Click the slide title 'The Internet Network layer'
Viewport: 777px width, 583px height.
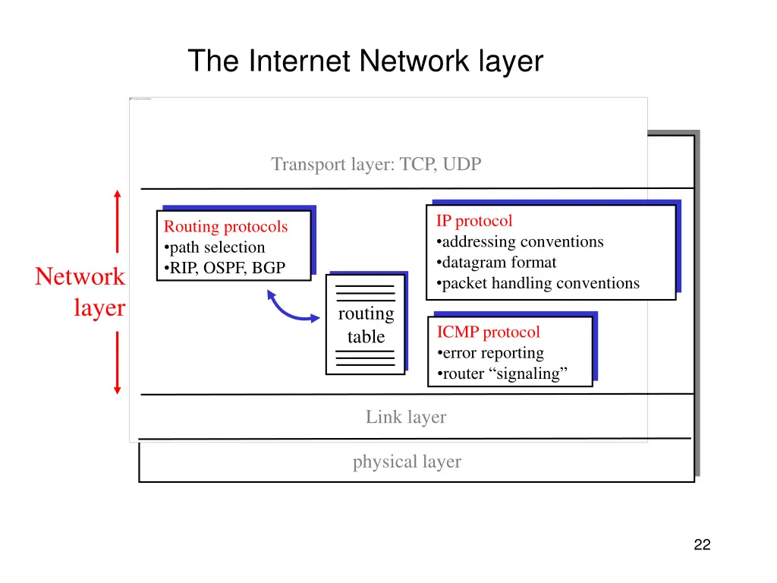pos(365,61)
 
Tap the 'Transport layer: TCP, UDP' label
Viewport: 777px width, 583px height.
pos(376,164)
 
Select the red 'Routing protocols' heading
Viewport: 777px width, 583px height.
pos(226,226)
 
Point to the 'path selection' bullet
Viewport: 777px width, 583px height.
pos(215,247)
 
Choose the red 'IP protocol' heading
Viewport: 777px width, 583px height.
pos(474,221)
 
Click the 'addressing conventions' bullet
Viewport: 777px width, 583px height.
pos(521,241)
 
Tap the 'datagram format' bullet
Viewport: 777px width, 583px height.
pos(497,262)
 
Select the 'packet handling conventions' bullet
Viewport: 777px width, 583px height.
pos(539,283)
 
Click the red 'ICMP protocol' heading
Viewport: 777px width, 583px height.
pos(488,332)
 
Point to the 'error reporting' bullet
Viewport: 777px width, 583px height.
pos(491,352)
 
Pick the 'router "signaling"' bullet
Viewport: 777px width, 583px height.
pos(503,373)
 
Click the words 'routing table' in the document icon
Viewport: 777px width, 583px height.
pos(366,325)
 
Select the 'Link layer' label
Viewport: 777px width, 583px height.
pos(406,417)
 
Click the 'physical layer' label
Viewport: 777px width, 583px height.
pos(407,462)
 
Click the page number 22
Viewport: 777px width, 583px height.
pos(702,544)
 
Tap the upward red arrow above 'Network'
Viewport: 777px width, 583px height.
pos(117,220)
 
